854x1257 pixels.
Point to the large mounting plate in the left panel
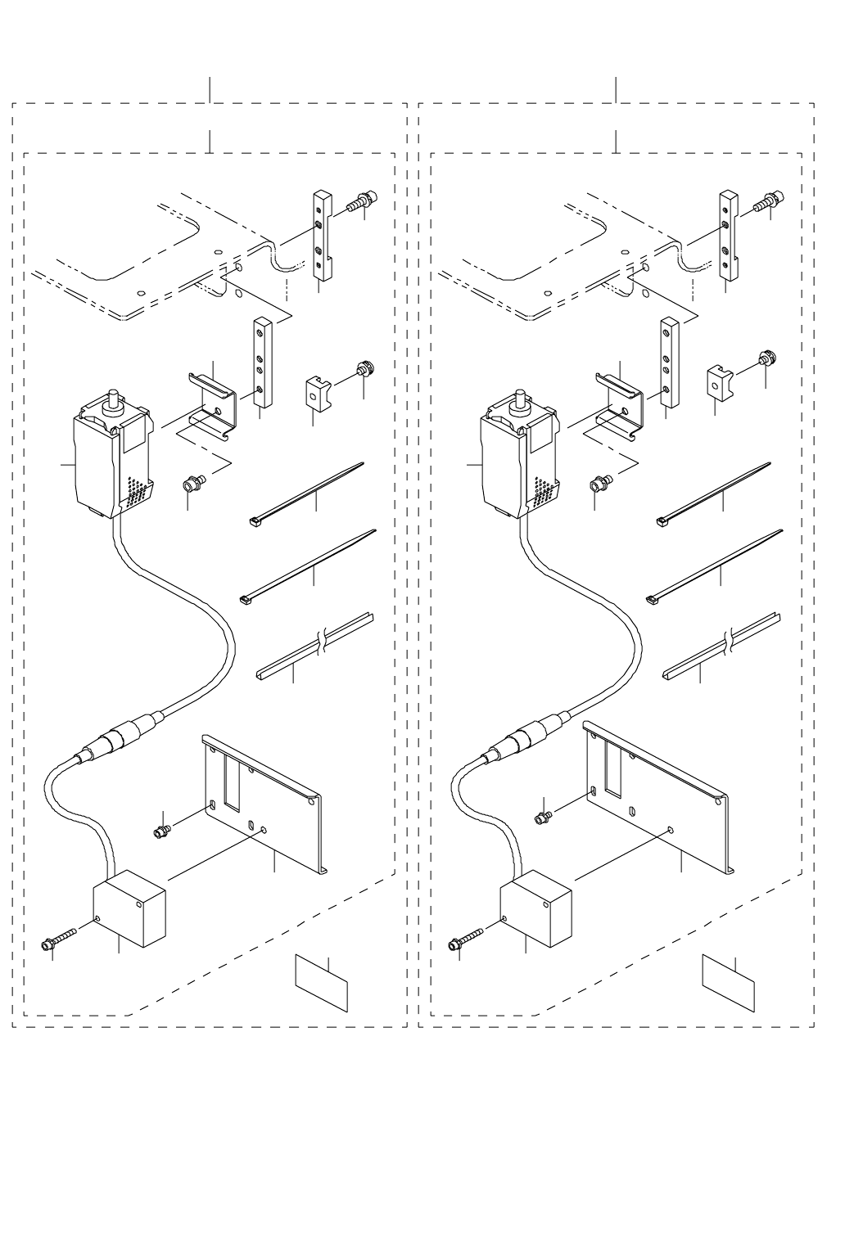tap(262, 806)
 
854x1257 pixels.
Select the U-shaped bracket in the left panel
tap(211, 405)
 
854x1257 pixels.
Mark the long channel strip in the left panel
tap(315, 647)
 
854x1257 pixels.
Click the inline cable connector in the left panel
tap(115, 737)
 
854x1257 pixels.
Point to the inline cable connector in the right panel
tap(522, 735)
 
